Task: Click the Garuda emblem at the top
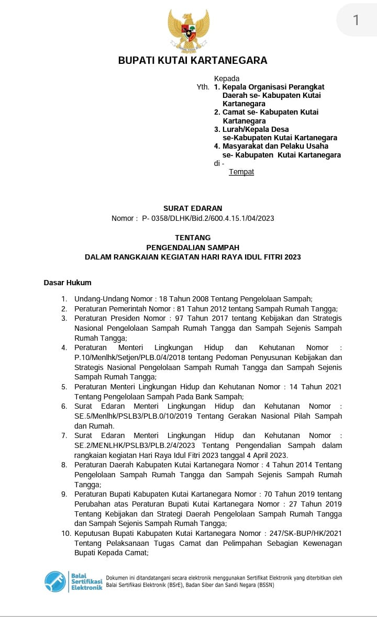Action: (188, 30)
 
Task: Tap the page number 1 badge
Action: (356, 20)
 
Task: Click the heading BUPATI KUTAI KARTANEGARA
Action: (193, 60)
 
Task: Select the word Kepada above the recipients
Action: (227, 78)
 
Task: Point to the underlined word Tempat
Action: (241, 172)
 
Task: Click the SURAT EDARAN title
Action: (193, 208)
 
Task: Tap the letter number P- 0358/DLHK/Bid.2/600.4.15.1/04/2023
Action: (208, 218)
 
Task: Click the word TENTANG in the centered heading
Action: (193, 238)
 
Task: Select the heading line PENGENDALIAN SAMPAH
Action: (193, 247)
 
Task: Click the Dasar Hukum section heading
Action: (68, 283)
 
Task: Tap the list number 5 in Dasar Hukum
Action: (64, 387)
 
